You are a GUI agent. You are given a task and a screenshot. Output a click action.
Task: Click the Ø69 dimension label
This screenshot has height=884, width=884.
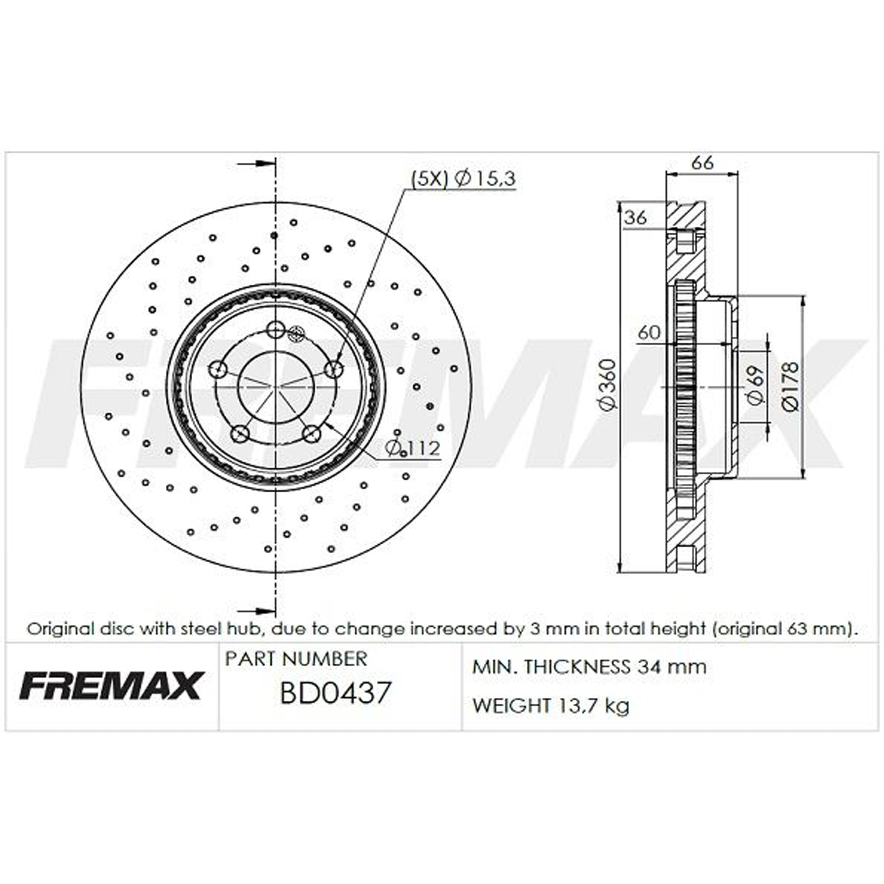pos(755,385)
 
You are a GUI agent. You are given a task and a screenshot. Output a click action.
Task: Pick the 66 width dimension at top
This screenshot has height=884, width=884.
pos(702,163)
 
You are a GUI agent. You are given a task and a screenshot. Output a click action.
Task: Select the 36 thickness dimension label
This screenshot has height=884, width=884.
pos(636,218)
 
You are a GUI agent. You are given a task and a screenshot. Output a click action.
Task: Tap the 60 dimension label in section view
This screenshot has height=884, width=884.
pos(649,332)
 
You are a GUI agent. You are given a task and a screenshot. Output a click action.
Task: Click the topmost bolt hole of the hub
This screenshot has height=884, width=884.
pos(275,328)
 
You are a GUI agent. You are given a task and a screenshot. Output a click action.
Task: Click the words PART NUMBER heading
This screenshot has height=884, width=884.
pos(296,659)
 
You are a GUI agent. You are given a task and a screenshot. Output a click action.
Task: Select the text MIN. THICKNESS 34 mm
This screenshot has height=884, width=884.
pos(589,667)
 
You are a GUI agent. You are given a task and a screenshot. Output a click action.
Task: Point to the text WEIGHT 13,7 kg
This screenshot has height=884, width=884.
pos(551,705)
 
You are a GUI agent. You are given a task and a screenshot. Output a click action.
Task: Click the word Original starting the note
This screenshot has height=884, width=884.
pos(57,628)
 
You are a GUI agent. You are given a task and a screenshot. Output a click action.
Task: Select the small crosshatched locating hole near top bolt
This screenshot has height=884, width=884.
pos(297,333)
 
